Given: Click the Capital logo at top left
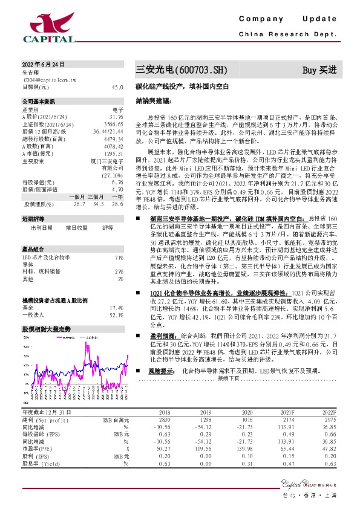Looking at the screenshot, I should [x=48, y=27].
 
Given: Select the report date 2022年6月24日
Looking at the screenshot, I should [x=43, y=64].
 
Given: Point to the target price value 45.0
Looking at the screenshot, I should [x=117, y=87].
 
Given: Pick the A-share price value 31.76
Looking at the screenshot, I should [x=116, y=116].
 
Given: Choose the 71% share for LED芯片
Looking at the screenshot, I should [x=119, y=258].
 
